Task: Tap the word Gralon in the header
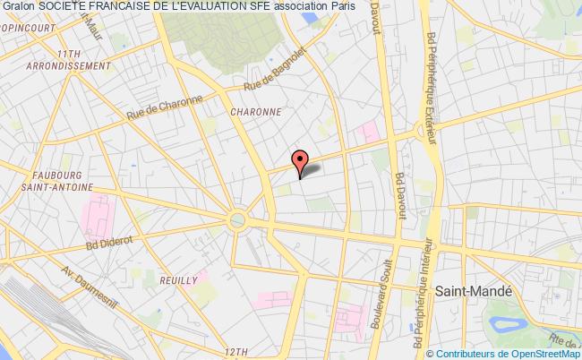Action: [18, 8]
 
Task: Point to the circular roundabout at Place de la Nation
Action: [238, 219]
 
